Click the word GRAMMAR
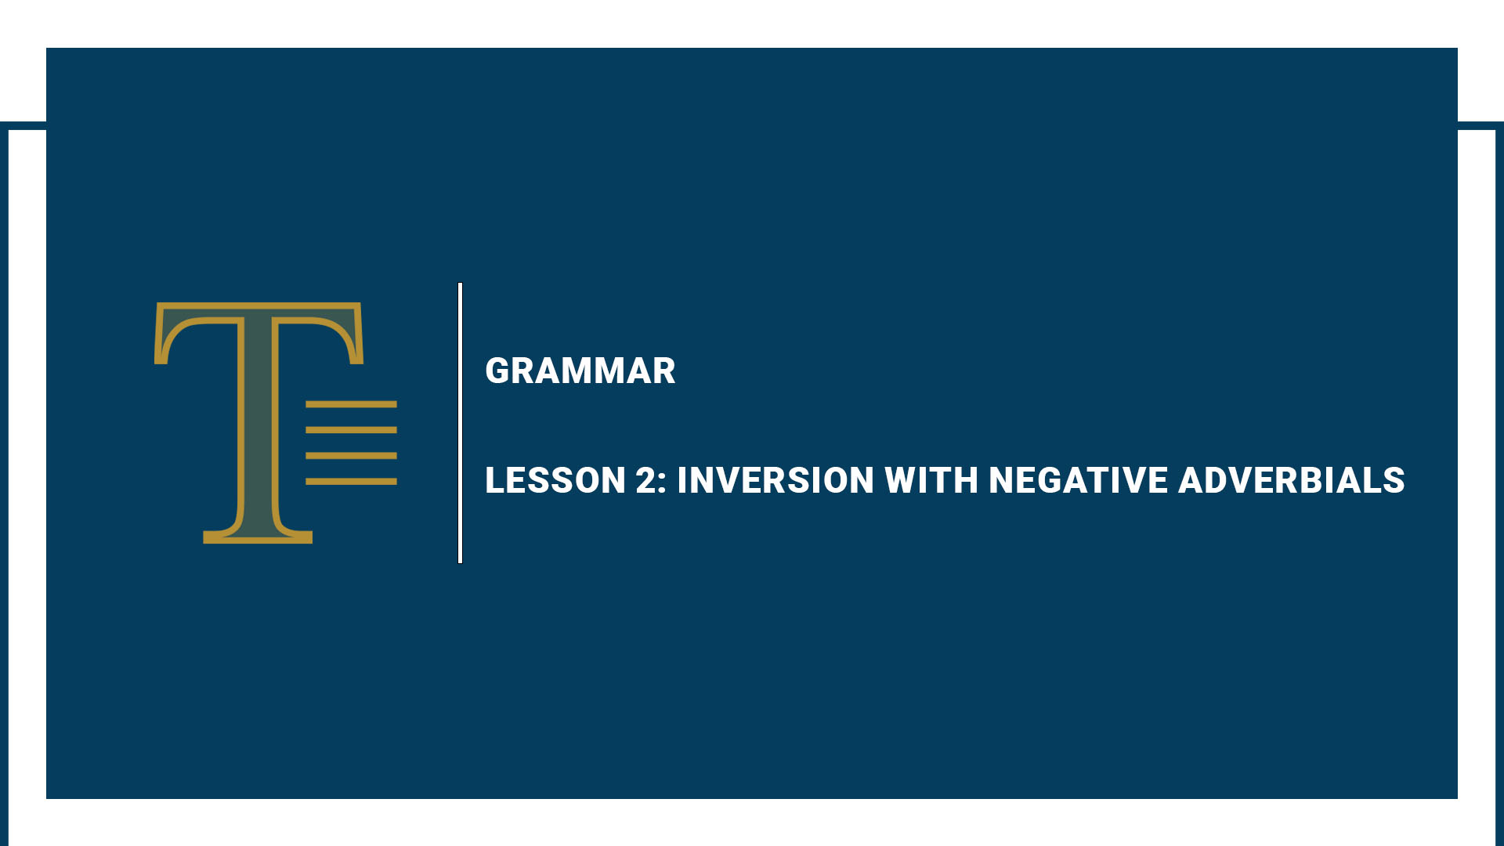(x=580, y=371)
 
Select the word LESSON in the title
(x=555, y=480)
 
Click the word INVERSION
(x=775, y=480)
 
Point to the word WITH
(x=931, y=480)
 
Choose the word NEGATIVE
(x=1078, y=480)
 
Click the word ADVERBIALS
(x=1291, y=480)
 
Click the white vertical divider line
(x=460, y=423)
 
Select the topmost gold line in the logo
(x=351, y=404)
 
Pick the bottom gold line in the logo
(x=351, y=481)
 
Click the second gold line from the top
(x=351, y=430)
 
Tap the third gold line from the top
(x=351, y=455)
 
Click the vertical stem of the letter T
(x=258, y=423)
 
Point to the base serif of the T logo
(x=258, y=537)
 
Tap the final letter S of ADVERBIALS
(x=1394, y=480)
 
